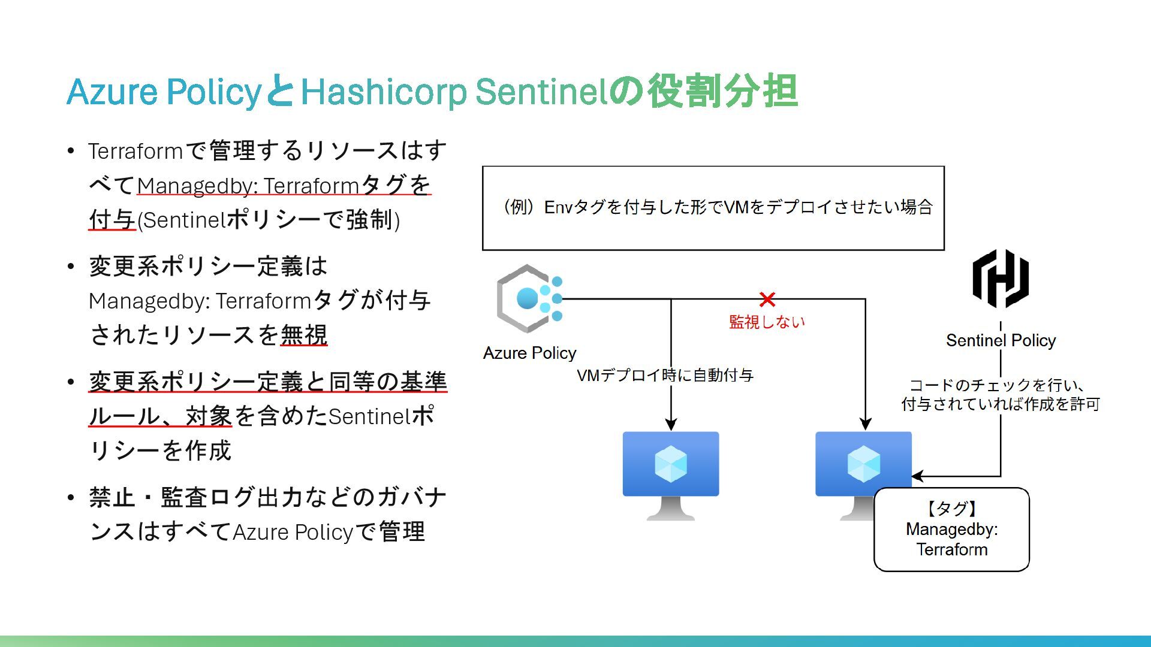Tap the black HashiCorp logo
(1000, 279)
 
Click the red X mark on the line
(767, 299)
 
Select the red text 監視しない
(767, 322)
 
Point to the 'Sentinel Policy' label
(1001, 340)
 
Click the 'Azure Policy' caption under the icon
(529, 353)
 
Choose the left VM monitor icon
(671, 473)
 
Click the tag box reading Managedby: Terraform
(951, 530)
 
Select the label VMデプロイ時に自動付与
(665, 376)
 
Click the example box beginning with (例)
(713, 208)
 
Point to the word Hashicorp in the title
(383, 92)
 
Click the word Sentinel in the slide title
(537, 92)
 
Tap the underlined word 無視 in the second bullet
(304, 335)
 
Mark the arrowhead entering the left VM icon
(671, 424)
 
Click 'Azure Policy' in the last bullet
(293, 532)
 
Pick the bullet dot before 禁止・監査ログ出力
(71, 497)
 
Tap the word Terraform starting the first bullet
(135, 151)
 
